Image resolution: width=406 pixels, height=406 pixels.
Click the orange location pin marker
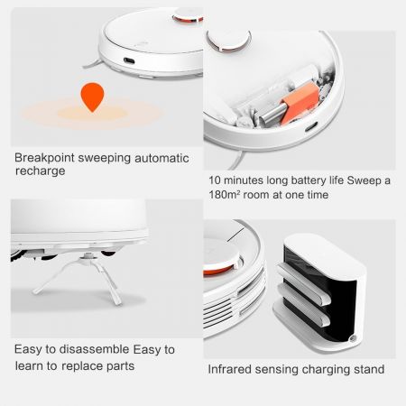(92, 96)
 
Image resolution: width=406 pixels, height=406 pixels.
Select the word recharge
(40, 171)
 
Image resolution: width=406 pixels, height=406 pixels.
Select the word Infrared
(234, 369)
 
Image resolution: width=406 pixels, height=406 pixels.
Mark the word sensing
(288, 369)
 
